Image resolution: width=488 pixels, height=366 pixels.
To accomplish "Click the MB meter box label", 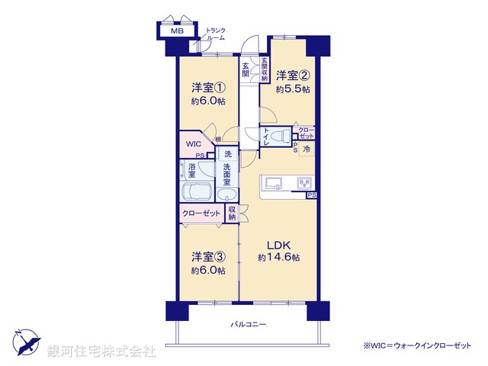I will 177,31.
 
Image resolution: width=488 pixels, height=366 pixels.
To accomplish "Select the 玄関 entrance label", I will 246,70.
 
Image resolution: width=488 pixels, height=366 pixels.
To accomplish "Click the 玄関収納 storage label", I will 265,69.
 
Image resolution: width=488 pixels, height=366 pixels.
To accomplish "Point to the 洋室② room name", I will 293,75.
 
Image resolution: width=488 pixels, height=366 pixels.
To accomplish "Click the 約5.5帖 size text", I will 293,89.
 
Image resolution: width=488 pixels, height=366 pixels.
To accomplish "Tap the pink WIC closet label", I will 193,142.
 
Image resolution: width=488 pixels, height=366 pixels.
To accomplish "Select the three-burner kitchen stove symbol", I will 303,184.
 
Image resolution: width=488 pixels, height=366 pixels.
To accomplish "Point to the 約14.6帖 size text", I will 278,258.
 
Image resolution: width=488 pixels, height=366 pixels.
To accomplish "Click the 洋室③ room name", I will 208,257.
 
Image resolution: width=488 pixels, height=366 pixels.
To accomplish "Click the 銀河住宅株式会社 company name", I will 101,352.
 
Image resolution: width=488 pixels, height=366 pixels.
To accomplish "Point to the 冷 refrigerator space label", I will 306,149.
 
